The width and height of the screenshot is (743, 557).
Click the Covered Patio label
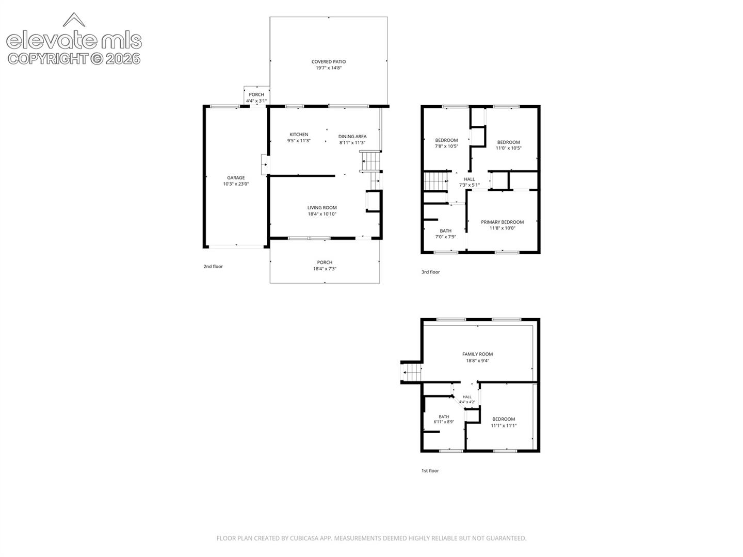[x=328, y=61]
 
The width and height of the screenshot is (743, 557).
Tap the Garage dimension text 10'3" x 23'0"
[x=236, y=184]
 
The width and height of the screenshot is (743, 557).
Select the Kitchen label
[x=299, y=134]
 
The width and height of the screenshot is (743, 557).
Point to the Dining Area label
[x=352, y=136]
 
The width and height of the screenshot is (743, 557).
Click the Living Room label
[x=322, y=208]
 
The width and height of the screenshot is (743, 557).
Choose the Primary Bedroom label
[x=502, y=222]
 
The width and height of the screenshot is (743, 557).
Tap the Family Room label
[x=477, y=354]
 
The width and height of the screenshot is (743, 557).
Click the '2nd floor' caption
[x=213, y=267]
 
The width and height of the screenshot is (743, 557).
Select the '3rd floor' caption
[x=430, y=272]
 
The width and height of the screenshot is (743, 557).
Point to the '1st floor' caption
[x=430, y=470]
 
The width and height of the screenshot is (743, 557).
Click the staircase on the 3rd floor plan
[x=436, y=181]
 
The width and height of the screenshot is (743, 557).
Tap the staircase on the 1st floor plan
[x=411, y=372]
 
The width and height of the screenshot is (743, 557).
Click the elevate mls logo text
[x=74, y=41]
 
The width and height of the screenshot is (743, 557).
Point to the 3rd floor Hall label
[x=469, y=179]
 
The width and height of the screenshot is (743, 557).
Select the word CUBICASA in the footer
[x=304, y=538]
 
